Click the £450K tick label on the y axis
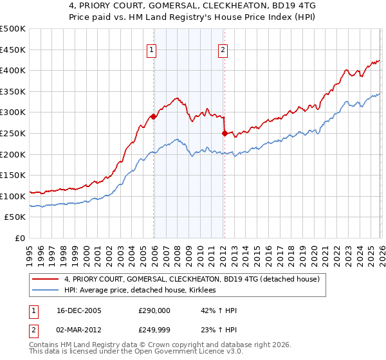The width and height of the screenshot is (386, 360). [x=13, y=50]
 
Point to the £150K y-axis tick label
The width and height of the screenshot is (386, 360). [x=13, y=175]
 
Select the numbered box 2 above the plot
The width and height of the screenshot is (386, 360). [x=223, y=50]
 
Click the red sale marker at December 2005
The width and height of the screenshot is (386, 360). [x=153, y=117]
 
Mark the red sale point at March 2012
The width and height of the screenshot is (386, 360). [x=225, y=134]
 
